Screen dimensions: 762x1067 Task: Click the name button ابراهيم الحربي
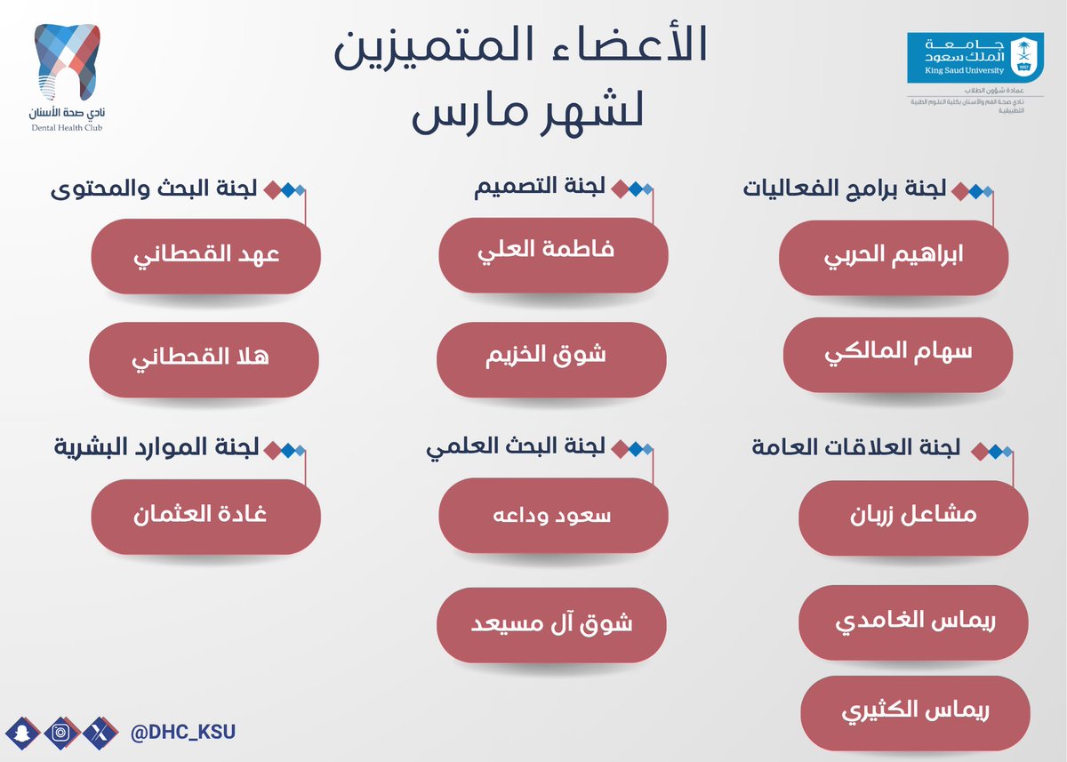point(894,257)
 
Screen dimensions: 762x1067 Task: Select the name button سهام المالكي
point(897,355)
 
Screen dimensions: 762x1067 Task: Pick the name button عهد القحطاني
point(205,257)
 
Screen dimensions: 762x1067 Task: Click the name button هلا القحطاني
point(204,359)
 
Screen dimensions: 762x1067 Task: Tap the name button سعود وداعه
point(553,517)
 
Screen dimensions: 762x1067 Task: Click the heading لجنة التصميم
point(542,188)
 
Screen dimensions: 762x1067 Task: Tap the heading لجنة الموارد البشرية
point(156,448)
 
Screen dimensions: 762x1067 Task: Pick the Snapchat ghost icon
point(22,734)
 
